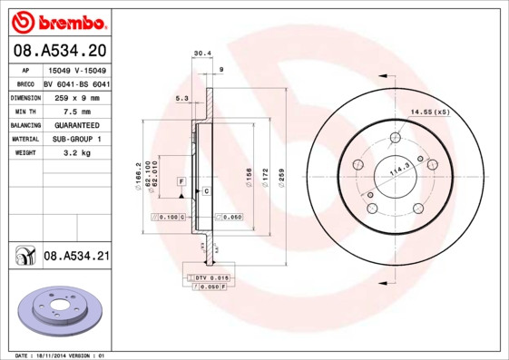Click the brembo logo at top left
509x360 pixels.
(56, 21)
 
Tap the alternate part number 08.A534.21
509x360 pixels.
(76, 257)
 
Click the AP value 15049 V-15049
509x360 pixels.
(76, 71)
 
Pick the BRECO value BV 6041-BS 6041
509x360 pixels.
(77, 84)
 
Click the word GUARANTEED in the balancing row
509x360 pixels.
(76, 125)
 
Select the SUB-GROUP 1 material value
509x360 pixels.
(76, 139)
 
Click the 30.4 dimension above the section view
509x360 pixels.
(202, 54)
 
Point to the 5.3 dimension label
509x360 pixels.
(181, 99)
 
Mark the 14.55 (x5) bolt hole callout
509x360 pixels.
(430, 112)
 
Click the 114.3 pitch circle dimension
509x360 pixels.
(399, 170)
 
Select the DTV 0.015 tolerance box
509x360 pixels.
(209, 277)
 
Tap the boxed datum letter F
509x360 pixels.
(181, 182)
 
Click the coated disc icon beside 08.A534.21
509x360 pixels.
(24, 257)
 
